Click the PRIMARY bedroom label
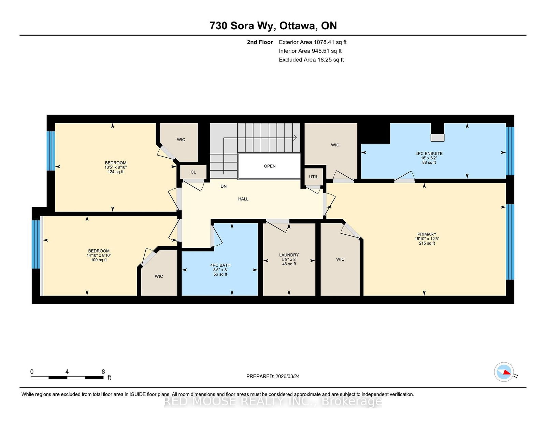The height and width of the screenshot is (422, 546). [427, 234]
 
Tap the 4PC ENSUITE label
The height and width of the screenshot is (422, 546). [429, 154]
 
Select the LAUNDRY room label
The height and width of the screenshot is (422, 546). [289, 255]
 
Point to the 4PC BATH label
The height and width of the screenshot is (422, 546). [220, 265]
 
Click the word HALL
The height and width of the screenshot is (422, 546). [243, 199]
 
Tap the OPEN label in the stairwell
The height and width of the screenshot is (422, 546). [270, 166]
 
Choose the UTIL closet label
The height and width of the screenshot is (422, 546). [313, 177]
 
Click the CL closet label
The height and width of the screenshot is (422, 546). [193, 172]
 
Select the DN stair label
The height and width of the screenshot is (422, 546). [224, 186]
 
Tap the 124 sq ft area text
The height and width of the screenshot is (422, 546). [116, 172]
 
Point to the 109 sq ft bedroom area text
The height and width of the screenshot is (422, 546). [99, 260]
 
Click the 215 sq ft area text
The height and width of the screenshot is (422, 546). [427, 243]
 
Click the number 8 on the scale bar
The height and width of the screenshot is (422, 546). [103, 372]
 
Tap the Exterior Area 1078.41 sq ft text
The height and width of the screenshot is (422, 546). [313, 42]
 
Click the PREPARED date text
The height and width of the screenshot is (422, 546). [273, 376]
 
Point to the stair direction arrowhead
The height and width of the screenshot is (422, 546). [295, 137]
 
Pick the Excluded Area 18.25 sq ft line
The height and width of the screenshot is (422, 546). [311, 60]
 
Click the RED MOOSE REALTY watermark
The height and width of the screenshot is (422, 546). [273, 401]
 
